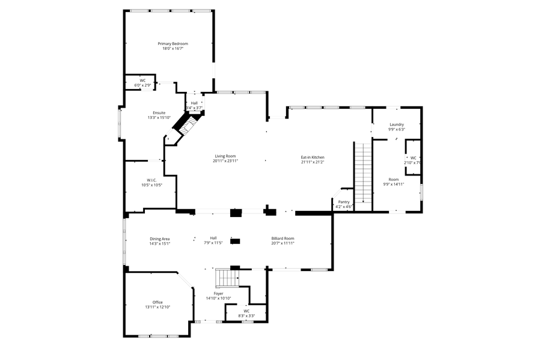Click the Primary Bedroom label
click(173, 44)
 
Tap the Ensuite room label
click(159, 113)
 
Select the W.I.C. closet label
click(151, 180)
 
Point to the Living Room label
click(226, 157)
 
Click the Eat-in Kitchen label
click(313, 157)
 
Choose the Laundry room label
click(396, 124)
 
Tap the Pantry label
click(344, 202)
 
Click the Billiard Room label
click(283, 238)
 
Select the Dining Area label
click(160, 239)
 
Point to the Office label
click(157, 302)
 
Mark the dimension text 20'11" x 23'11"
click(226, 162)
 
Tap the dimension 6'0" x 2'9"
click(142, 85)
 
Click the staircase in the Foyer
click(227, 278)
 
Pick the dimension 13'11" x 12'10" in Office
click(157, 307)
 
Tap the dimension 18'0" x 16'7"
click(173, 49)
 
